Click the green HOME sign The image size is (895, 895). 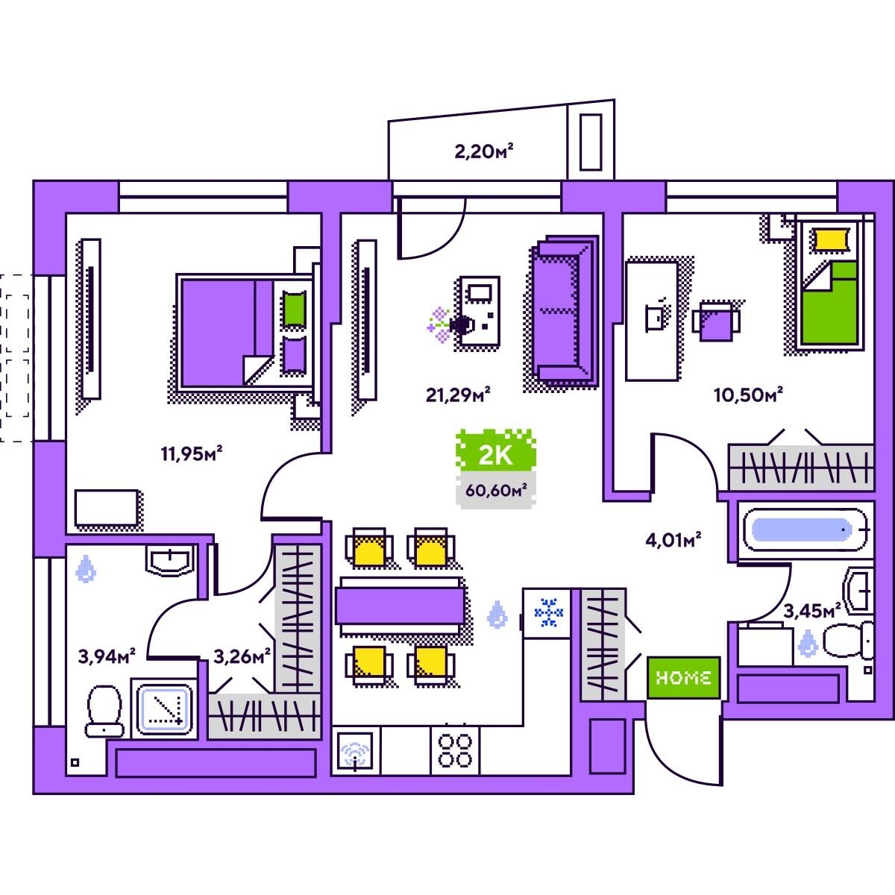tap(683, 677)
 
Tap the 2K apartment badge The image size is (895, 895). tap(495, 454)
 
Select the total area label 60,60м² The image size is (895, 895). tap(496, 490)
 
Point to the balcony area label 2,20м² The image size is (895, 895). tap(486, 152)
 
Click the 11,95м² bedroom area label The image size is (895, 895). tap(192, 453)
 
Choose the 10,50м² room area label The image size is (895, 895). tap(748, 394)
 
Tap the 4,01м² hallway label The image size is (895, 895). tap(673, 539)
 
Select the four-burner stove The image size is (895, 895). tap(455, 750)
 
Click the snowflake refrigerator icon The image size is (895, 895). tap(549, 612)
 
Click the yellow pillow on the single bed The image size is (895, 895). tap(831, 239)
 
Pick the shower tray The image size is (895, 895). tap(165, 706)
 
